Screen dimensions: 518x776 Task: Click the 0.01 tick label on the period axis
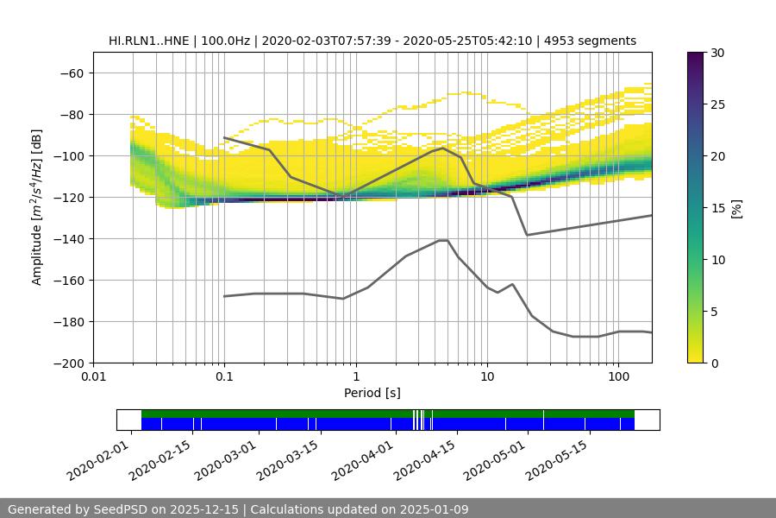pos(93,377)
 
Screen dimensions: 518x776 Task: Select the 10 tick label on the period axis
pos(486,377)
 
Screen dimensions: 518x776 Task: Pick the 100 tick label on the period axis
pos(617,377)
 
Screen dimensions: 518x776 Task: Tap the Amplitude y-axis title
pos(37,207)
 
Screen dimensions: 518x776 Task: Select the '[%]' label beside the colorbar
pos(735,208)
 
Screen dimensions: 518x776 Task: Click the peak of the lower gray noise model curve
pos(443,240)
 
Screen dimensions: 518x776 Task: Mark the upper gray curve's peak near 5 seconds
pos(443,148)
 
